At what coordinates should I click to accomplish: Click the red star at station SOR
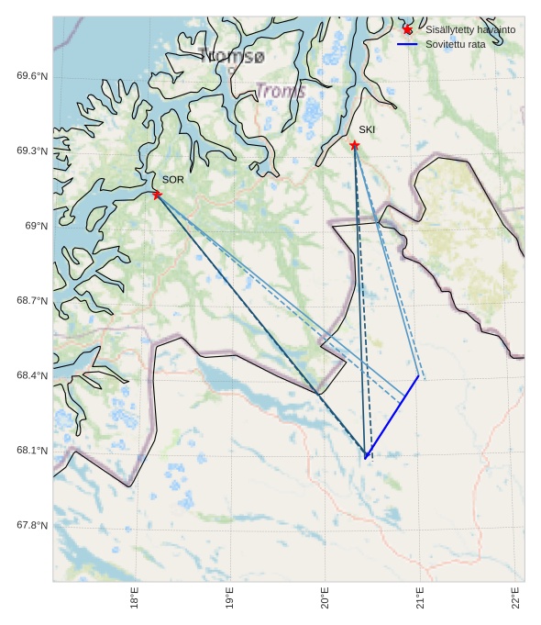click(157, 195)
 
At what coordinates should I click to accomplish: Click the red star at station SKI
click(355, 145)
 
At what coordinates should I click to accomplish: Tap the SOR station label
click(173, 180)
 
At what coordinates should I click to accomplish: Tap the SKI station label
click(367, 129)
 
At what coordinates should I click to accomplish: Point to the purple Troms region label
click(281, 91)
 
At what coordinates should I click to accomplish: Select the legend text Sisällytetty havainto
click(470, 29)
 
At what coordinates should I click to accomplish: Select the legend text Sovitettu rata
click(456, 44)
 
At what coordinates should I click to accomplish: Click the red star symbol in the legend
click(408, 29)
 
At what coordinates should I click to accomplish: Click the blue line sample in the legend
click(408, 44)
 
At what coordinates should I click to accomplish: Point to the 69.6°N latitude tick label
click(32, 76)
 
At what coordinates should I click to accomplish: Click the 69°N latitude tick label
click(36, 226)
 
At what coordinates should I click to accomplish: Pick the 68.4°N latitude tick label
click(32, 375)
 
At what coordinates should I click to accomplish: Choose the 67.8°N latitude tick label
click(32, 526)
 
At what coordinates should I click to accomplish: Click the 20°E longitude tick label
click(326, 597)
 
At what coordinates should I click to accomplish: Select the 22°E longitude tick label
click(517, 597)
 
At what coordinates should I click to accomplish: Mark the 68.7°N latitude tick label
click(32, 301)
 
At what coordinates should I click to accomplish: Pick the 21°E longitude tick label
click(423, 597)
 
